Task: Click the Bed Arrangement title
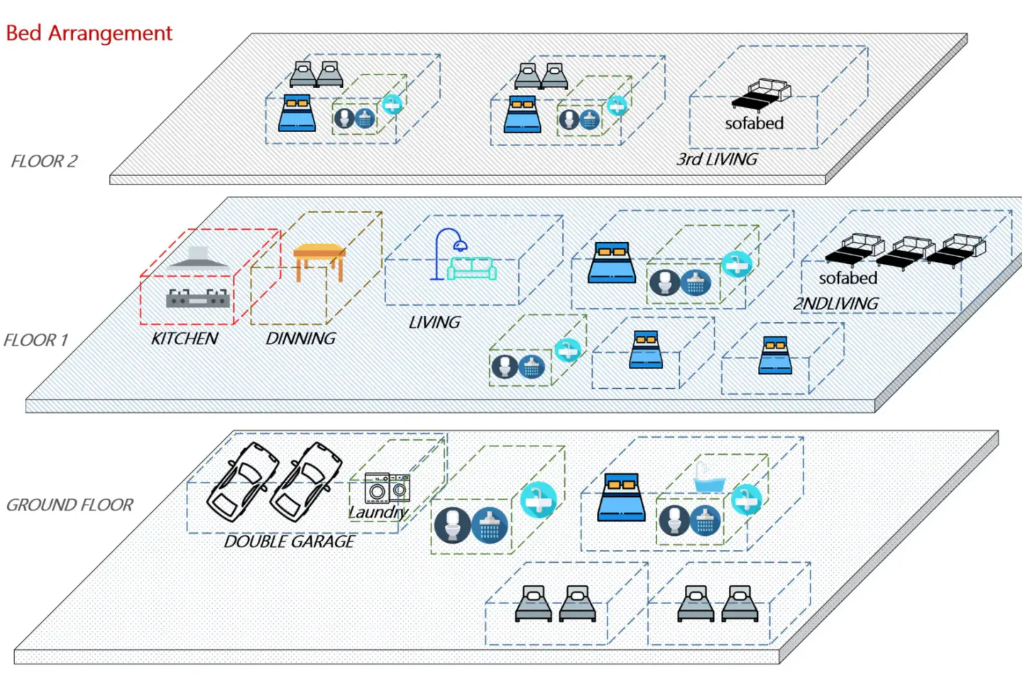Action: pyautogui.click(x=89, y=33)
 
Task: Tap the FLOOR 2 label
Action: pyautogui.click(x=44, y=161)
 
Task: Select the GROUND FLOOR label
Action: pyautogui.click(x=70, y=505)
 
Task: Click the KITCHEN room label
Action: pyautogui.click(x=185, y=339)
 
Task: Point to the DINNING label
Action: pyautogui.click(x=301, y=339)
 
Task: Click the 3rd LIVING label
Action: pyautogui.click(x=717, y=159)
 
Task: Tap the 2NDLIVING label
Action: pyautogui.click(x=836, y=303)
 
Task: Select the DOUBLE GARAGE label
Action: pyautogui.click(x=290, y=541)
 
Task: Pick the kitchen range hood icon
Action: pyautogui.click(x=198, y=258)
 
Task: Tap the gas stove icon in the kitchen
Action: pyautogui.click(x=198, y=298)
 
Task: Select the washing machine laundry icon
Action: pyautogui.click(x=388, y=488)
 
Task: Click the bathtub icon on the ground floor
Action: pyautogui.click(x=709, y=479)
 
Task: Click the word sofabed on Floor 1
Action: pyautogui.click(x=847, y=277)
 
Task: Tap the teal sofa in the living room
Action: pyautogui.click(x=472, y=268)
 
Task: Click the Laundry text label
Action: pyautogui.click(x=378, y=512)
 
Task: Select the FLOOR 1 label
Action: pyautogui.click(x=35, y=340)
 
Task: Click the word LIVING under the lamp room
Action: pyautogui.click(x=434, y=322)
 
